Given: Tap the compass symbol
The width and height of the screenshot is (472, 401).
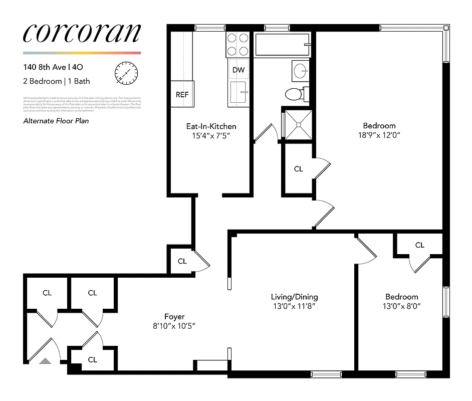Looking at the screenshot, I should click(125, 73).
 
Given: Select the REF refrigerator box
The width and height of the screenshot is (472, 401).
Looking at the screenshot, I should click(182, 94).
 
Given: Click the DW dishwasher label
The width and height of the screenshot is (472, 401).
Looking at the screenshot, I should click(239, 70).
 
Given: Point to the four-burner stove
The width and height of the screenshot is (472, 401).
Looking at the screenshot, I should click(239, 44).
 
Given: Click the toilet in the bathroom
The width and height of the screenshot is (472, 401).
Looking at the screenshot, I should click(294, 93).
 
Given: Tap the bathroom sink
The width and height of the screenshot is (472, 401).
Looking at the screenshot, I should click(301, 71).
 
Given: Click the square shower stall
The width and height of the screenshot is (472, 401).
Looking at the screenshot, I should click(298, 124).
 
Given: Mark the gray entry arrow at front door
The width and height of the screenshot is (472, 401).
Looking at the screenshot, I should click(46, 360).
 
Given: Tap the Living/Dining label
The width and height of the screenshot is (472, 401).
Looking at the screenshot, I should click(294, 297).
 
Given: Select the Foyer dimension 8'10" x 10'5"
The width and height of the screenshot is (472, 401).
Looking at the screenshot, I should click(174, 326).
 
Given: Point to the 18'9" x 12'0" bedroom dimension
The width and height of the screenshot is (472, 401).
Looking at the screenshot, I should click(379, 135).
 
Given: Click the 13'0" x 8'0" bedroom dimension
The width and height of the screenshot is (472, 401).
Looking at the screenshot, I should click(401, 306).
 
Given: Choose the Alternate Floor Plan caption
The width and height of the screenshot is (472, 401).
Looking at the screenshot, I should click(56, 121).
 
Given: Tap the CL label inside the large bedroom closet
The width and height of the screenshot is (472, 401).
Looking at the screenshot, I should click(299, 169).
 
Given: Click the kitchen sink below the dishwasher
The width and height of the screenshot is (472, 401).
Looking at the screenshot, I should click(239, 93).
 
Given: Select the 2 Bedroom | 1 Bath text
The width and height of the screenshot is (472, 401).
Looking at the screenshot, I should click(57, 81).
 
